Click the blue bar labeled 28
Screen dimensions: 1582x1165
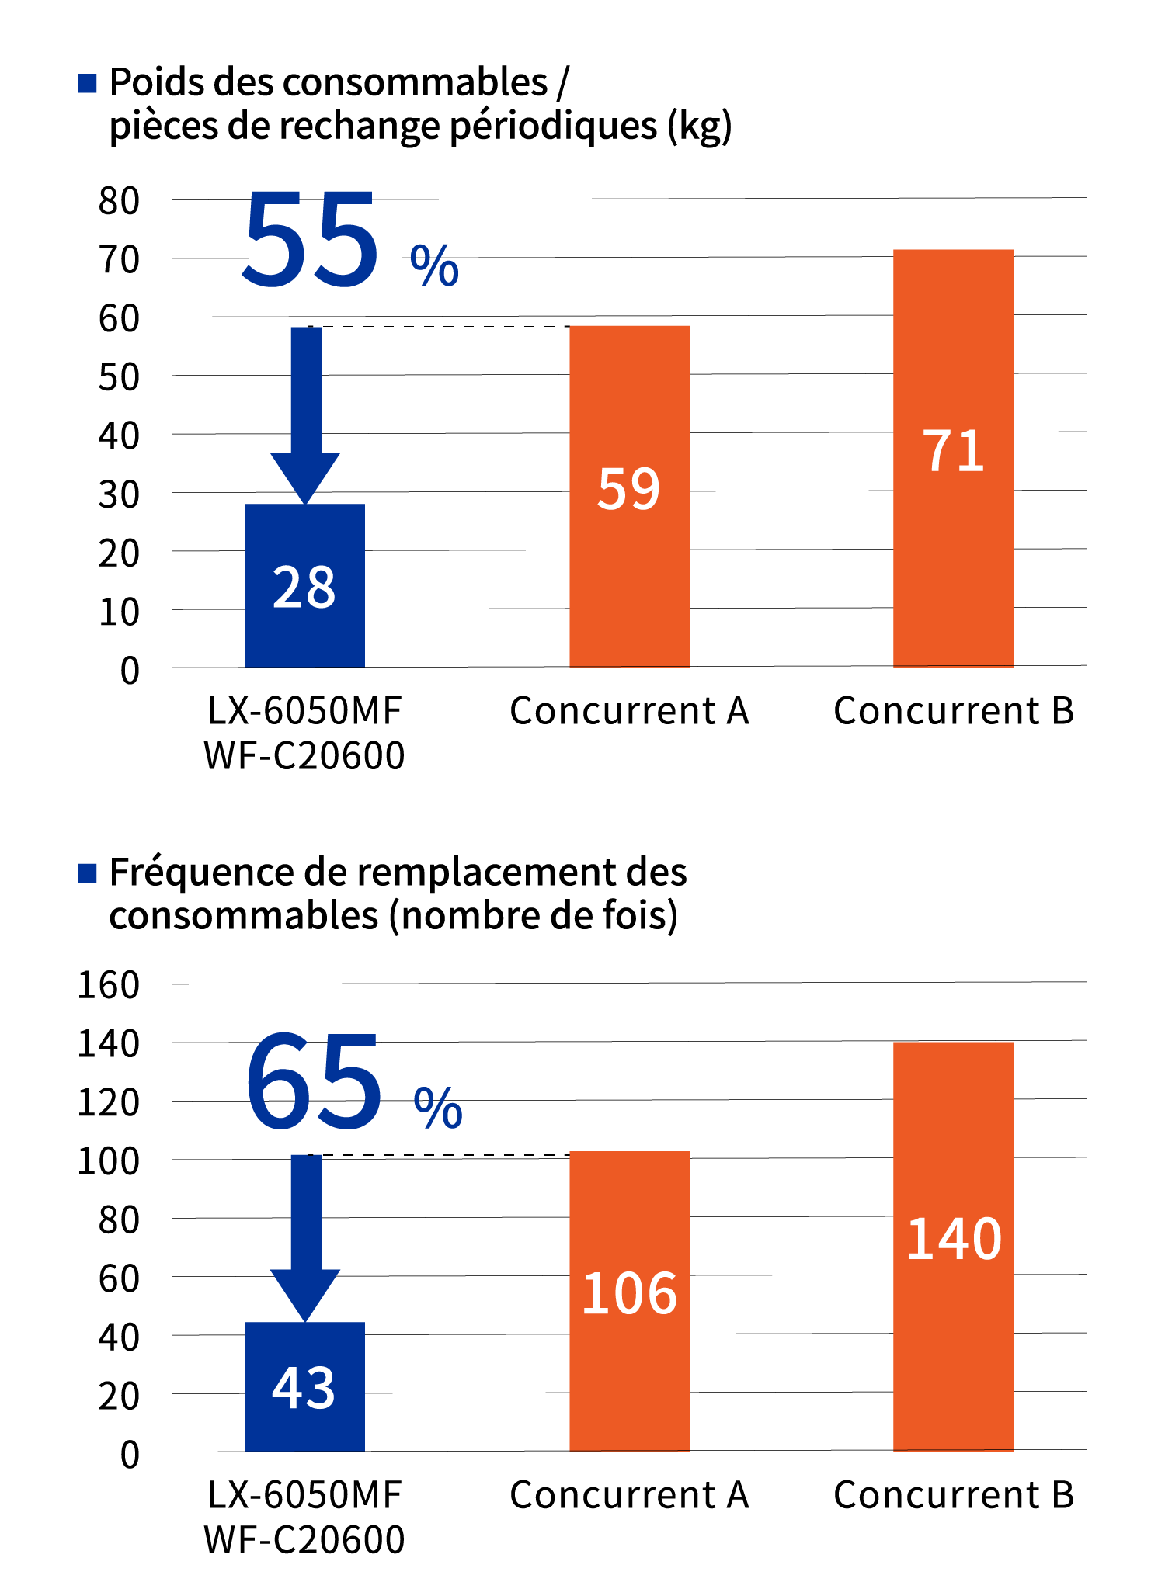304,585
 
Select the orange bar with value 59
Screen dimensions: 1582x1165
629,496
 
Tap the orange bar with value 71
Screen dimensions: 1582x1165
953,458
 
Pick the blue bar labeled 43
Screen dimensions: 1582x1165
304,1386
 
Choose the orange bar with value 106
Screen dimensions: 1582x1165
629,1301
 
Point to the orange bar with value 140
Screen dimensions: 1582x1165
953,1246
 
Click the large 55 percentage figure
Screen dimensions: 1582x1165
311,241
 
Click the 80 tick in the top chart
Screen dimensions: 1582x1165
119,201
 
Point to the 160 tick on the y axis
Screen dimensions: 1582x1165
109,986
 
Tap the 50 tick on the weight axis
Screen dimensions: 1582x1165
119,378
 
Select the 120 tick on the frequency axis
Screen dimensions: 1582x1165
109,1103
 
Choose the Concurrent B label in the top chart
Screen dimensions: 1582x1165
954,711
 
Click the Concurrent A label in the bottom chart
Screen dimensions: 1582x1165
629,1495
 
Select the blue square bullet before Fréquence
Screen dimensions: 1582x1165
87,873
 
